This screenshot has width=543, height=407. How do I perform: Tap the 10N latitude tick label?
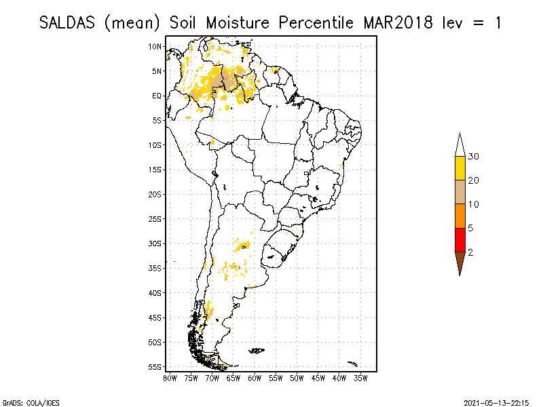pyautogui.click(x=155, y=46)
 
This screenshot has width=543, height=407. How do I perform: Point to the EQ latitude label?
pyautogui.click(x=157, y=96)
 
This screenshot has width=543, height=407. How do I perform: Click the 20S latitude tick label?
pyautogui.click(x=155, y=194)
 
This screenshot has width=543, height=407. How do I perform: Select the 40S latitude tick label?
pyautogui.click(x=155, y=293)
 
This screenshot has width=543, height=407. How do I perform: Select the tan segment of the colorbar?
pyautogui.click(x=460, y=192)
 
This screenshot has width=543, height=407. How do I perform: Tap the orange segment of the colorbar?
pyautogui.click(x=460, y=216)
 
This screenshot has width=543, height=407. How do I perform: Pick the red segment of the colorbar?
pyautogui.click(x=460, y=239)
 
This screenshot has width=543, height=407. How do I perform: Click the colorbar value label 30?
pyautogui.click(x=474, y=157)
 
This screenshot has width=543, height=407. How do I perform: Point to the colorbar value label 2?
pyautogui.click(x=470, y=252)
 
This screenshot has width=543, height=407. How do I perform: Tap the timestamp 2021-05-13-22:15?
pyautogui.click(x=496, y=402)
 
